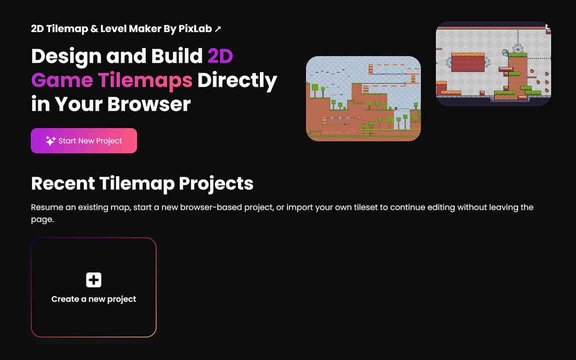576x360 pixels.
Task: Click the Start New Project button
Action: pyautogui.click(x=84, y=141)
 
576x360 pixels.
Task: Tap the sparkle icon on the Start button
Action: pyautogui.click(x=50, y=141)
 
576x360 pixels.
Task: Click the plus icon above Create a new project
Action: pyautogui.click(x=93, y=280)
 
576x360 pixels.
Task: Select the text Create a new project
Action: pyautogui.click(x=93, y=299)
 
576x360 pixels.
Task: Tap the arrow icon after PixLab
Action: pyautogui.click(x=217, y=29)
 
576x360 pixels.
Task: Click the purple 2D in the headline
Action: pyautogui.click(x=220, y=56)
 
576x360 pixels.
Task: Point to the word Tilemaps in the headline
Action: pyautogui.click(x=145, y=80)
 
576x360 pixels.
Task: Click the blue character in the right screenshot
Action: pyautogui.click(x=505, y=51)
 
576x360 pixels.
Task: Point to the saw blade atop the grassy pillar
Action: pyautogui.click(x=518, y=48)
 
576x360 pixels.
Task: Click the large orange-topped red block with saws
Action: pyautogui.click(x=467, y=62)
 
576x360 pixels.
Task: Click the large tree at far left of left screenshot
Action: pyautogui.click(x=315, y=89)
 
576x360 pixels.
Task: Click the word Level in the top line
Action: pyautogui.click(x=113, y=28)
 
